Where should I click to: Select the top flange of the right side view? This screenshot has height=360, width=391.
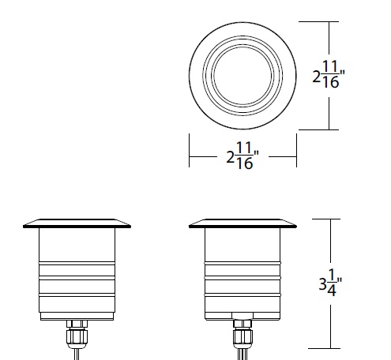(x=242, y=222)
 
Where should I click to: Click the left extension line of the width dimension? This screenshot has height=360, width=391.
(x=189, y=150)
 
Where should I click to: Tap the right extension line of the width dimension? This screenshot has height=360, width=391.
(x=296, y=150)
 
